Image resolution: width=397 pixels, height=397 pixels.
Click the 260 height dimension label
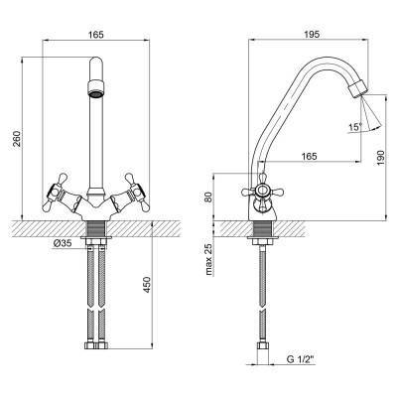click(x=17, y=139)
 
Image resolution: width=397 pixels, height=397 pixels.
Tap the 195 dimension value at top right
click(x=312, y=34)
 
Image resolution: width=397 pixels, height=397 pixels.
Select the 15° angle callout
click(x=355, y=127)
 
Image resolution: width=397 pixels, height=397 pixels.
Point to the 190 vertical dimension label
click(x=380, y=158)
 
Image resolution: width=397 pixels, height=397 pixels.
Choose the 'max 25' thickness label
click(x=208, y=259)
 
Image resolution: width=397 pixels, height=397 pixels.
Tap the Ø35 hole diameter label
click(x=63, y=243)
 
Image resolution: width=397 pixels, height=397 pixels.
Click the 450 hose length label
click(x=147, y=285)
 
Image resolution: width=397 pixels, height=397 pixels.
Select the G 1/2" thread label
click(x=301, y=359)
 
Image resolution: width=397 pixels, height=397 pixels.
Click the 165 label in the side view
click(x=309, y=157)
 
